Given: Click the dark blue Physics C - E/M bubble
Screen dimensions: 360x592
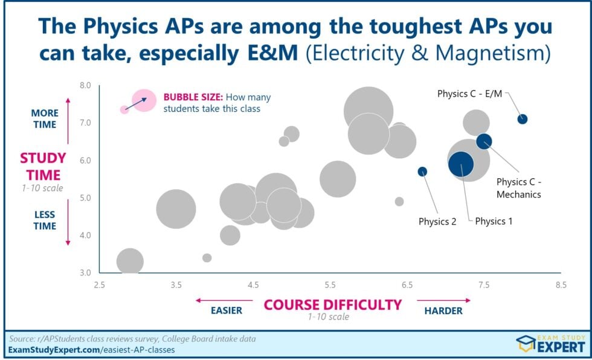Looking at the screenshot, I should tap(523, 119).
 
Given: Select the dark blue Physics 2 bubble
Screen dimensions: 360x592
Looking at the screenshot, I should tap(422, 172).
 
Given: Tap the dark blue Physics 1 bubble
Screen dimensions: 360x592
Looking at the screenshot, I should tap(461, 163).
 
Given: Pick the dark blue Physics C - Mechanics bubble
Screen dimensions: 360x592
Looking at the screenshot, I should tap(484, 141).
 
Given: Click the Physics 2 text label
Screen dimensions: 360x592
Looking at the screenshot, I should tap(437, 221).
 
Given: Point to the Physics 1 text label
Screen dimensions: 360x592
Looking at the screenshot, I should tap(494, 221).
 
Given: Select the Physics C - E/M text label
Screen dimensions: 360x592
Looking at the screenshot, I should tap(469, 94).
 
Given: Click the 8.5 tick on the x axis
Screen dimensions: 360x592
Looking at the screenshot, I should tap(561, 284).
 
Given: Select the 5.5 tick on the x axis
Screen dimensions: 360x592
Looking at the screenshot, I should tap(330, 284).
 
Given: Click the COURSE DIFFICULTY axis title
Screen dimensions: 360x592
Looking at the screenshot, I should tap(333, 304).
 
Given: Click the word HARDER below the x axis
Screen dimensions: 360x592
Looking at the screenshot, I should tap(443, 310).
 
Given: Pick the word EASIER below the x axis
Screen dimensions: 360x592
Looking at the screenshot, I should tap(226, 310).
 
